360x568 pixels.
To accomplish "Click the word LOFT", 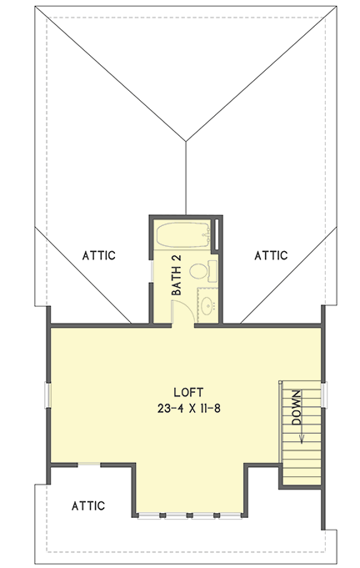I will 188,391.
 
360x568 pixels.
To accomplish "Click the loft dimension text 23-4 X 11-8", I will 188,408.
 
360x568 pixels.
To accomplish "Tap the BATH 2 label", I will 177,277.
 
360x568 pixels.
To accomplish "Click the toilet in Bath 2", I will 199,271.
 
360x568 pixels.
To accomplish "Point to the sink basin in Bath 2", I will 205,304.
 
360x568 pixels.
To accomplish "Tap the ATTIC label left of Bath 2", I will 98,255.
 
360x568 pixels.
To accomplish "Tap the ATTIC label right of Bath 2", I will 271,255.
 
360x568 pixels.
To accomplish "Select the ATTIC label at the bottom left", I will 87,505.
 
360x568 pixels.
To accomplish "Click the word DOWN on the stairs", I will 297,409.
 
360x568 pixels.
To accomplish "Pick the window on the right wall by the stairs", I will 323,392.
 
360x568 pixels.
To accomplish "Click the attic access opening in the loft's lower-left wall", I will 89,464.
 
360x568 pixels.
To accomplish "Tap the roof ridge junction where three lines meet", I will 187,139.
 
